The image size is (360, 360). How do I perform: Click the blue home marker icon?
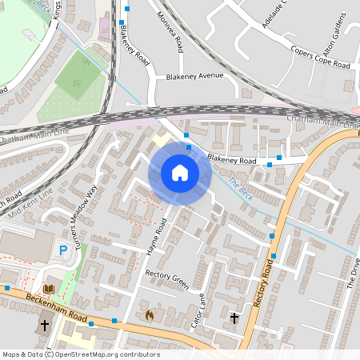(180, 173)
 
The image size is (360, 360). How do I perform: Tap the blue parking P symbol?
(63, 251)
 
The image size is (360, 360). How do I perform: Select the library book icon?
(50, 288)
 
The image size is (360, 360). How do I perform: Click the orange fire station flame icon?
(149, 315)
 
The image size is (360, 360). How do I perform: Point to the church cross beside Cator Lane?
(234, 318)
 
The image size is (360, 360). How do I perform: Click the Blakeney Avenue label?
(195, 77)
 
